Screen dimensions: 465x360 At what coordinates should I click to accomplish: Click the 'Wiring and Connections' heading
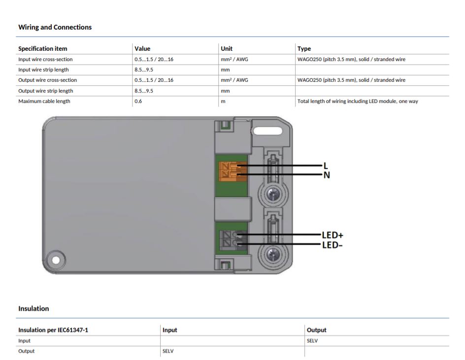click(55, 27)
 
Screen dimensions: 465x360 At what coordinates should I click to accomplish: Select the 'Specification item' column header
click(43, 49)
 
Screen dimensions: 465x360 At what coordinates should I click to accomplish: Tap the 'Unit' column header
click(227, 49)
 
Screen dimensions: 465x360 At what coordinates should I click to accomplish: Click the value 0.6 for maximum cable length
click(138, 101)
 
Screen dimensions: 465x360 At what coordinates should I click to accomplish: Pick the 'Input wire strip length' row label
click(43, 70)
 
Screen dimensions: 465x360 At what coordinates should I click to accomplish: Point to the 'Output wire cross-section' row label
click(47, 80)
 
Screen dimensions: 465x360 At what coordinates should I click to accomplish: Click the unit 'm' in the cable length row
click(223, 101)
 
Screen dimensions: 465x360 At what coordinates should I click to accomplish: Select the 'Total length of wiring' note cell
click(358, 101)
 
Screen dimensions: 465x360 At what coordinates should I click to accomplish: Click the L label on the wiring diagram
click(326, 166)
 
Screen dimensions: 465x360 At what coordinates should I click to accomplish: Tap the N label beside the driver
click(327, 175)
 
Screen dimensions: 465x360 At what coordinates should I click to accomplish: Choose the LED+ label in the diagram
click(332, 235)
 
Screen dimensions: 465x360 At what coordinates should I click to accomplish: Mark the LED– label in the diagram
click(332, 245)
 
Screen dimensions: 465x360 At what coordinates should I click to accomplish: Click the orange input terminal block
click(232, 171)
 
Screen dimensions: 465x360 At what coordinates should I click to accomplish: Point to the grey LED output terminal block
click(233, 240)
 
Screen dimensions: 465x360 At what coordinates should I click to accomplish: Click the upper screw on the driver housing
click(272, 195)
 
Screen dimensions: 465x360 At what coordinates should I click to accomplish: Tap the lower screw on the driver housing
click(272, 255)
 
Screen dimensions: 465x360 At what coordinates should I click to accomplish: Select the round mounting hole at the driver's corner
click(56, 260)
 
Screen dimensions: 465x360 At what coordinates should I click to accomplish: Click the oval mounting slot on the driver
click(268, 131)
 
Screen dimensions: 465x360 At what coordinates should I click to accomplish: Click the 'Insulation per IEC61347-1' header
click(53, 330)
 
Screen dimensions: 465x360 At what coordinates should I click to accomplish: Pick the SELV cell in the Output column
click(312, 341)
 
